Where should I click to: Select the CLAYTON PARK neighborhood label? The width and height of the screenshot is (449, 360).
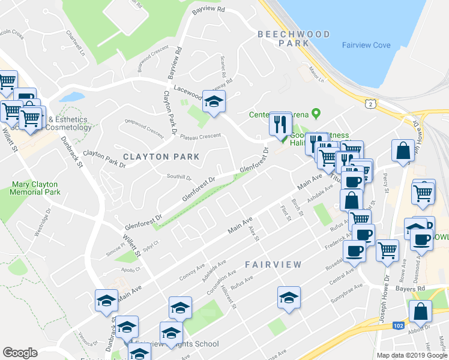161,157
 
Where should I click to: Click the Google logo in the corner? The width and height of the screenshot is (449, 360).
20,353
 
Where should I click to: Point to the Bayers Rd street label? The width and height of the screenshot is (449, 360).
410,289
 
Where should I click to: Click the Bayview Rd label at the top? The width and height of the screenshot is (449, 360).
208,10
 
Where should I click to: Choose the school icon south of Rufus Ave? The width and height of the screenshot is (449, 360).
289,298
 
